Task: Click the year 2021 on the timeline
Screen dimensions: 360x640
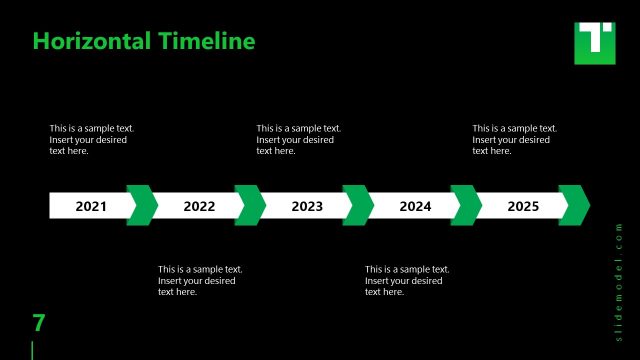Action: point(91,207)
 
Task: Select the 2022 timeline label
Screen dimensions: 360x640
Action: point(199,207)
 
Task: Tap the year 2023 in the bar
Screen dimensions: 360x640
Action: point(307,207)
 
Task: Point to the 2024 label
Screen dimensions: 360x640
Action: point(415,207)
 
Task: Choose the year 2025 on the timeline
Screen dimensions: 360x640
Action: point(523,207)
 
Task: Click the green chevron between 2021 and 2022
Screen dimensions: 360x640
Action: point(142,205)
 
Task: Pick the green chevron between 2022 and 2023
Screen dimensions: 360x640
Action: point(250,205)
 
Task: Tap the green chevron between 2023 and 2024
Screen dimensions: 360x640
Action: point(358,205)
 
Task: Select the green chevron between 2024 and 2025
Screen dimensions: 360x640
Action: point(466,205)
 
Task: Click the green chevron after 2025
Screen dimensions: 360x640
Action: point(574,205)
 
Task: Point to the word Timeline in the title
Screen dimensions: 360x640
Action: point(205,41)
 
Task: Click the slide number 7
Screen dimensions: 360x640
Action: point(39,323)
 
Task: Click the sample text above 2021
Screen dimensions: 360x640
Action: point(91,140)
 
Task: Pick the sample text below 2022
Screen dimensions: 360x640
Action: point(199,280)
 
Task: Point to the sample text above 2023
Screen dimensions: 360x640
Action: point(297,140)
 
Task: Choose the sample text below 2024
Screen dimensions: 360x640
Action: point(406,280)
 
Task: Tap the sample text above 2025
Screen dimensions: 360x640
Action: point(513,140)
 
